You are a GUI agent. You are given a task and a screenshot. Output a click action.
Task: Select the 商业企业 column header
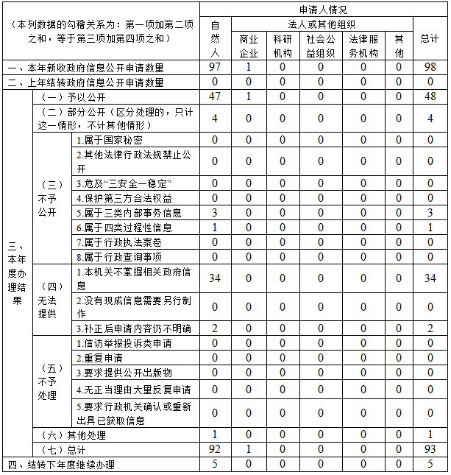249,45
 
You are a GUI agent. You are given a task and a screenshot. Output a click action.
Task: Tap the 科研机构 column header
283,45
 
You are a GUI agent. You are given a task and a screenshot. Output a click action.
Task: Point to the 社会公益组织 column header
320,45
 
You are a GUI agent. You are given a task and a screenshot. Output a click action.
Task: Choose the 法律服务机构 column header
363,45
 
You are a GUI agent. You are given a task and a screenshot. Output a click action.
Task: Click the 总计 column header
430,38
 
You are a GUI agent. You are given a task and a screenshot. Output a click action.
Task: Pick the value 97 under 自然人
215,67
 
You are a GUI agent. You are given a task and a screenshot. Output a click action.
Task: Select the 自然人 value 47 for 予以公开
215,96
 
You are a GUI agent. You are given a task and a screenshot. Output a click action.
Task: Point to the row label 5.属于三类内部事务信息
129,213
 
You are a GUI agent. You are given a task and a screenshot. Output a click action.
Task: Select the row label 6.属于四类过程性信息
124,228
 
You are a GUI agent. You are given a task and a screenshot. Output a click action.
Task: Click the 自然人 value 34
215,278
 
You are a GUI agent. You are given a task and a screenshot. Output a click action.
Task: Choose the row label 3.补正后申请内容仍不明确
133,328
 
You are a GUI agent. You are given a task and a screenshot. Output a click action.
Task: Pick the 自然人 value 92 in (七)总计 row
215,449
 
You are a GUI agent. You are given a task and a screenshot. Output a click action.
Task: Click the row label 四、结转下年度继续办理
62,465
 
